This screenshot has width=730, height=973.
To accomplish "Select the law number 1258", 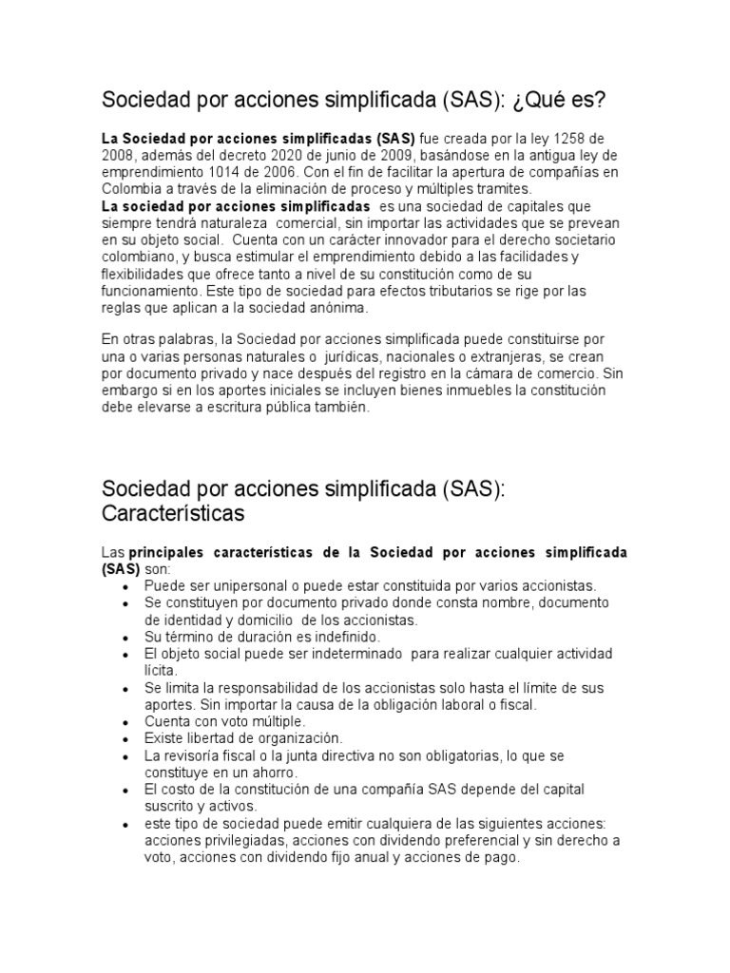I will pos(545,140).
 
